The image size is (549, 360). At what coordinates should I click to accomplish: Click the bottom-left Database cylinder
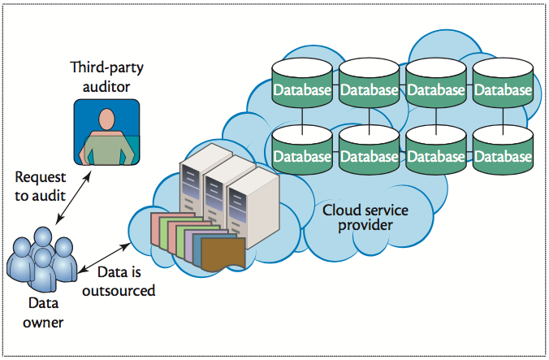302,153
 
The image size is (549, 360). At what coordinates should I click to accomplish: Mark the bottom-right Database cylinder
503,153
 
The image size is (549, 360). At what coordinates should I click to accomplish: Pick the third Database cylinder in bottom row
436,153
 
